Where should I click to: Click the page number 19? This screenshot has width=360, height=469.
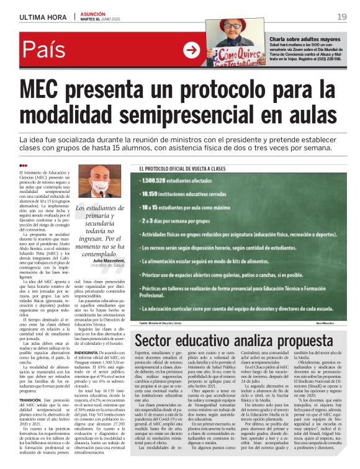341,17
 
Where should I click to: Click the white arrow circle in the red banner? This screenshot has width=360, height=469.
192,50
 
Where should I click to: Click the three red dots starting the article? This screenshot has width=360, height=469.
23,165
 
